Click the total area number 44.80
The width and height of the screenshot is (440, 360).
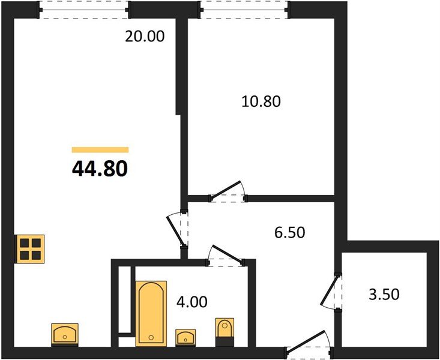100,169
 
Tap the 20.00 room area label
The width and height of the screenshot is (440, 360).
144,37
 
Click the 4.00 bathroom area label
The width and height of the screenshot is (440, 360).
192,302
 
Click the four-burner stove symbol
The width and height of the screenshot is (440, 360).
29,248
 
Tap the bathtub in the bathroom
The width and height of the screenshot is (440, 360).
151,312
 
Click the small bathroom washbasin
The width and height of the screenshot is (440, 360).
186,336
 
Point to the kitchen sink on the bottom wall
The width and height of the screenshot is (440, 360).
65,333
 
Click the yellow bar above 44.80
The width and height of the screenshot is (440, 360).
100,149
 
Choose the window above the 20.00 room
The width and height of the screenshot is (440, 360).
85,10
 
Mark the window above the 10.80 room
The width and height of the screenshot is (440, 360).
244,10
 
